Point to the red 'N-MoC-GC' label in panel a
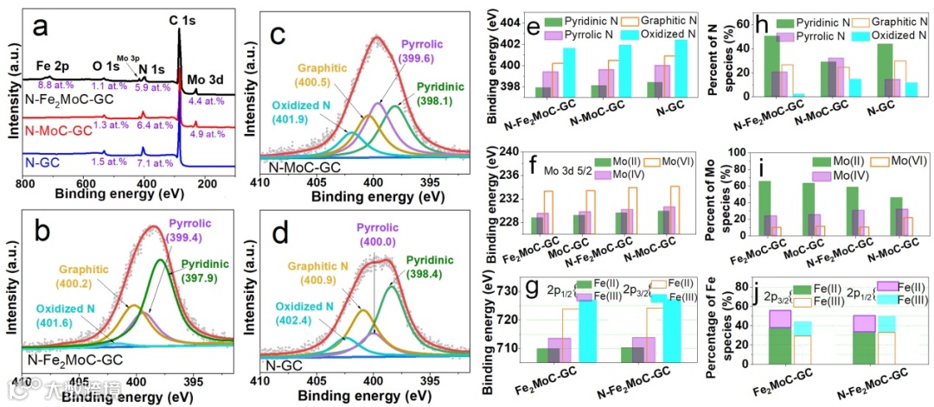click(58, 130)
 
